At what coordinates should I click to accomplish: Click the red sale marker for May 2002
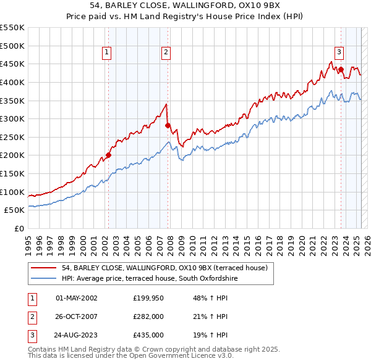pos(108,155)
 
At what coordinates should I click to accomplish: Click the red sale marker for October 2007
pos(168,125)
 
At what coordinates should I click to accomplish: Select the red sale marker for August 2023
pos(341,70)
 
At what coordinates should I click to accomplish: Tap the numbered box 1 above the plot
pos(107,53)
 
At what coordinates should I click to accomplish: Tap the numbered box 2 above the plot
pos(166,53)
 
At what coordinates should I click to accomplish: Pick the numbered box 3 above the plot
pos(339,53)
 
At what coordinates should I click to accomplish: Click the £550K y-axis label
pos(13,28)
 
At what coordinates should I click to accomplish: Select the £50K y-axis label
pos(15,210)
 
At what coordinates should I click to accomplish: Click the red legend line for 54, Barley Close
pos(43,268)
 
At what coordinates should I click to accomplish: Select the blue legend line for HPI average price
pos(43,279)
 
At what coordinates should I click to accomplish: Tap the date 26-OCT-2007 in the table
pos(76,316)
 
